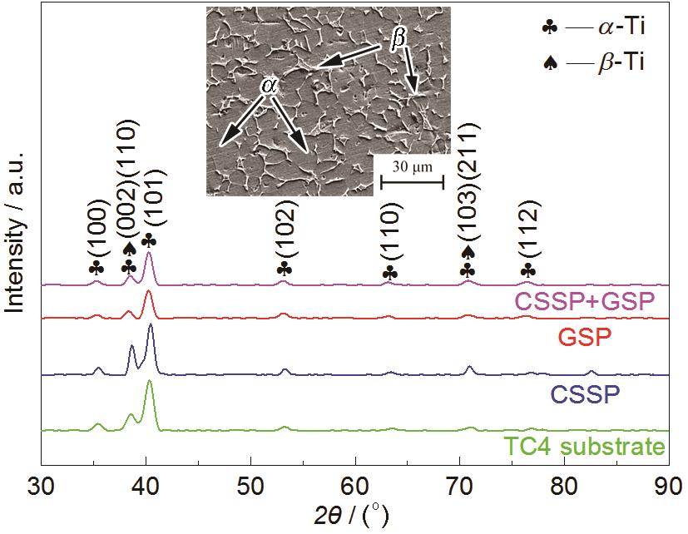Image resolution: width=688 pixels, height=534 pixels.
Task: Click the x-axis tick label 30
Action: click(x=41, y=484)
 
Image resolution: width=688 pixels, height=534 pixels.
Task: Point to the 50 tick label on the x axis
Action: click(x=250, y=484)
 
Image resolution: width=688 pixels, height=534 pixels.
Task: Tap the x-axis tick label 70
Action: click(x=460, y=484)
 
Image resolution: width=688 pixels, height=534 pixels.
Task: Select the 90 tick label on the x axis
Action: click(x=668, y=484)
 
